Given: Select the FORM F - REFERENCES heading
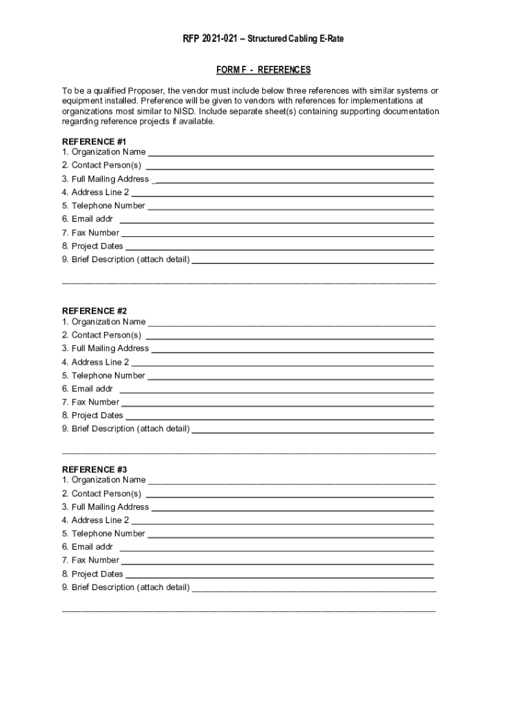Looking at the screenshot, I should [263, 70].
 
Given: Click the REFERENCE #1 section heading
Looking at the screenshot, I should [94, 142].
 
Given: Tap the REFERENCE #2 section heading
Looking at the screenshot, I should [94, 311].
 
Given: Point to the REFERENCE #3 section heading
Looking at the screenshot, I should [94, 470].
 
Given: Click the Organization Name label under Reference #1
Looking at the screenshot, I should [104, 152].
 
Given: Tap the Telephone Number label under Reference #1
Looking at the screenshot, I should [104, 205].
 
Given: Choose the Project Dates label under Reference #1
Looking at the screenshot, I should [93, 246].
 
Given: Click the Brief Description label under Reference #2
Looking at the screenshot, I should [126, 429].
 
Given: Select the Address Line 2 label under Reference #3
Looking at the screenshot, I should [96, 520].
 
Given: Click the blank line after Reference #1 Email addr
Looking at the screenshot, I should [277, 222].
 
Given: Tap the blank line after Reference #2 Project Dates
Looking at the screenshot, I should [279, 418].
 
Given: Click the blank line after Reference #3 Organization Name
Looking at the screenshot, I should [292, 483].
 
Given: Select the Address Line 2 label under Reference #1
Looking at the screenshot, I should [96, 192].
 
